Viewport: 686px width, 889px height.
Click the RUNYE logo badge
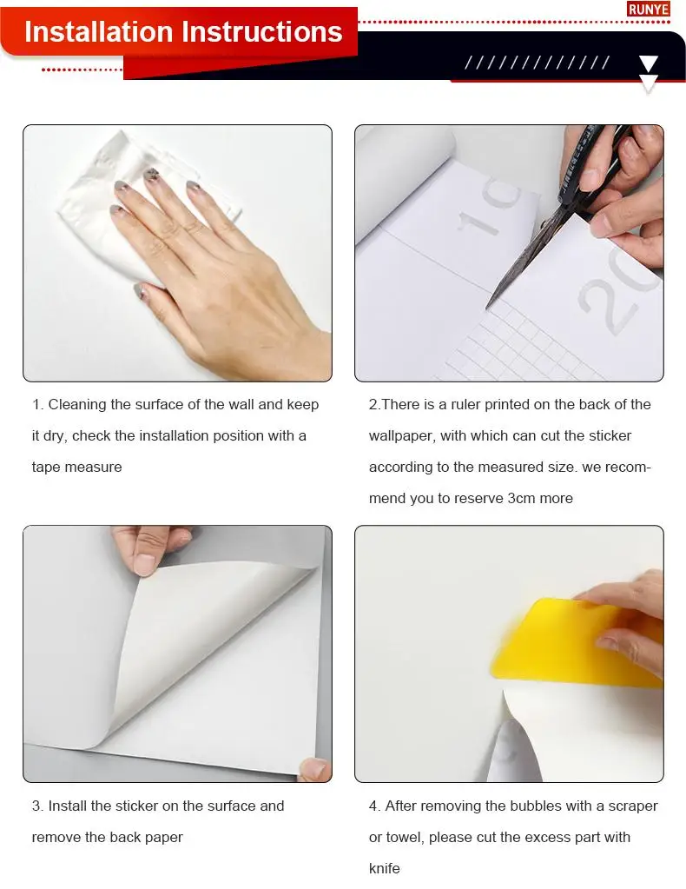click(649, 9)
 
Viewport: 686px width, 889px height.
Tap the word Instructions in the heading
click(260, 32)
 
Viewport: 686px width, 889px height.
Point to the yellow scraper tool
click(577, 644)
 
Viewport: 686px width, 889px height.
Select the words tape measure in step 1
click(77, 468)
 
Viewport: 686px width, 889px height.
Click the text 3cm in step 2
click(521, 498)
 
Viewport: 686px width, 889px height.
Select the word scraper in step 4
click(633, 806)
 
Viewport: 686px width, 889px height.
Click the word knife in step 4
click(384, 869)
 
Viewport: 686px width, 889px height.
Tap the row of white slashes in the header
click(537, 63)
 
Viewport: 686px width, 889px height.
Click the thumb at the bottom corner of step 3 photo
click(315, 769)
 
